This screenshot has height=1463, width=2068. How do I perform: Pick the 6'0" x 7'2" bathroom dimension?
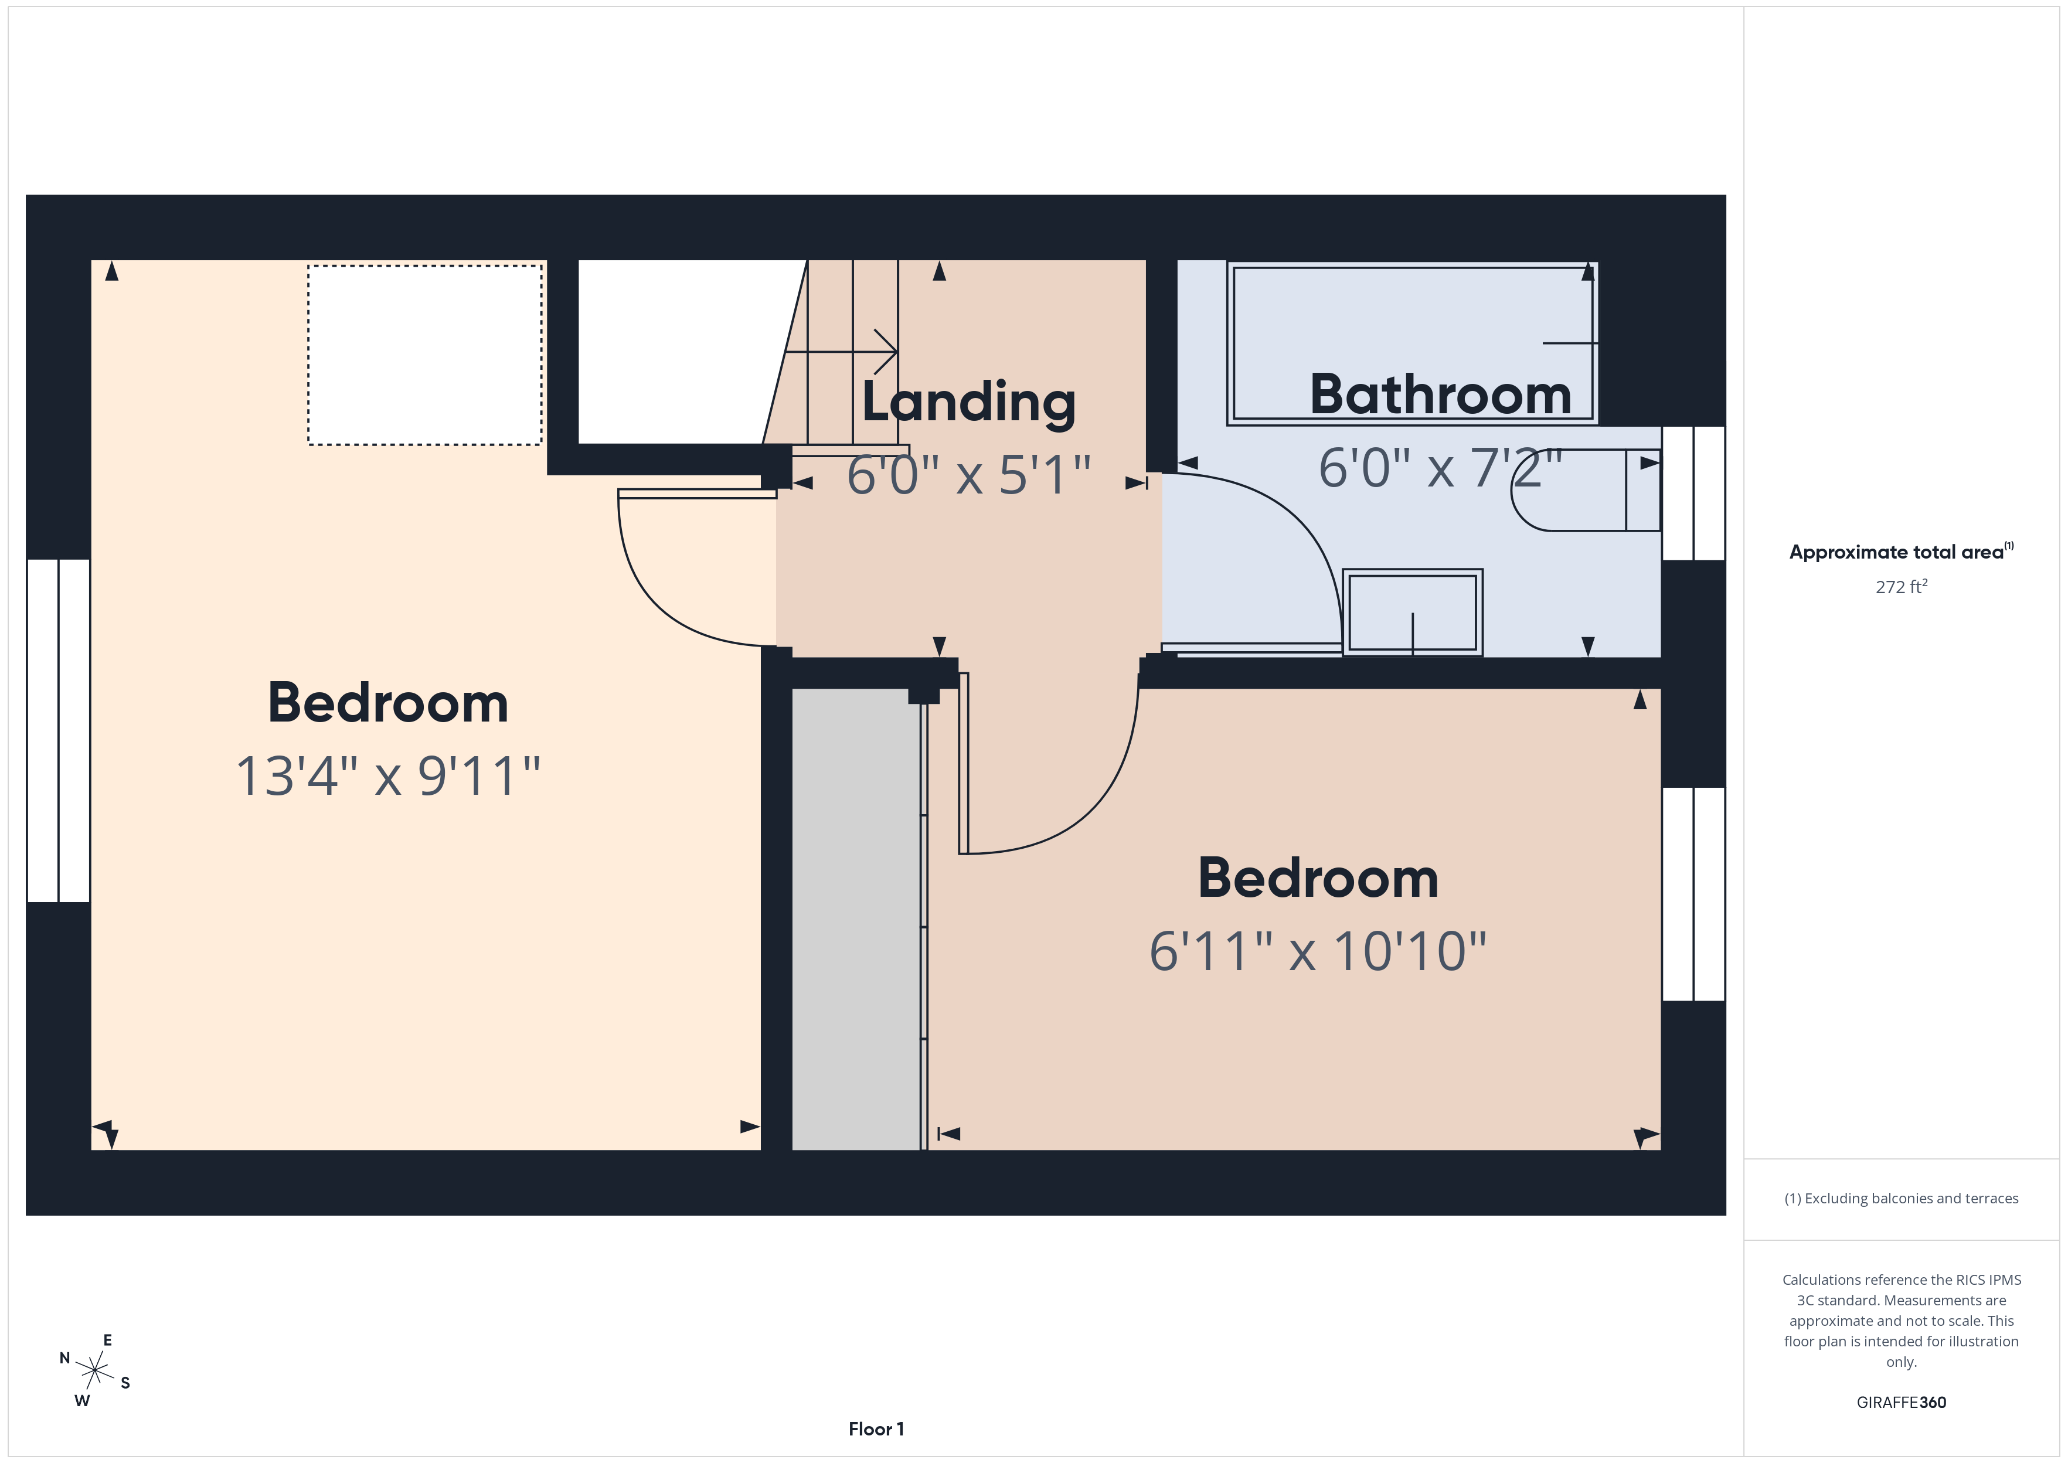1439,468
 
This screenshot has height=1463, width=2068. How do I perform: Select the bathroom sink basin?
1411,613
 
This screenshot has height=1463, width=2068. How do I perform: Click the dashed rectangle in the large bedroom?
424,355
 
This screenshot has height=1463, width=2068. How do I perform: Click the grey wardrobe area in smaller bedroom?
856,919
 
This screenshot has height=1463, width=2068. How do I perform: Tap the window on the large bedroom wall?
59,730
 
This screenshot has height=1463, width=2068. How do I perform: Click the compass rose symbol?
94,1371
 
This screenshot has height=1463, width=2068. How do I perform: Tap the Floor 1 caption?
876,1429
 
